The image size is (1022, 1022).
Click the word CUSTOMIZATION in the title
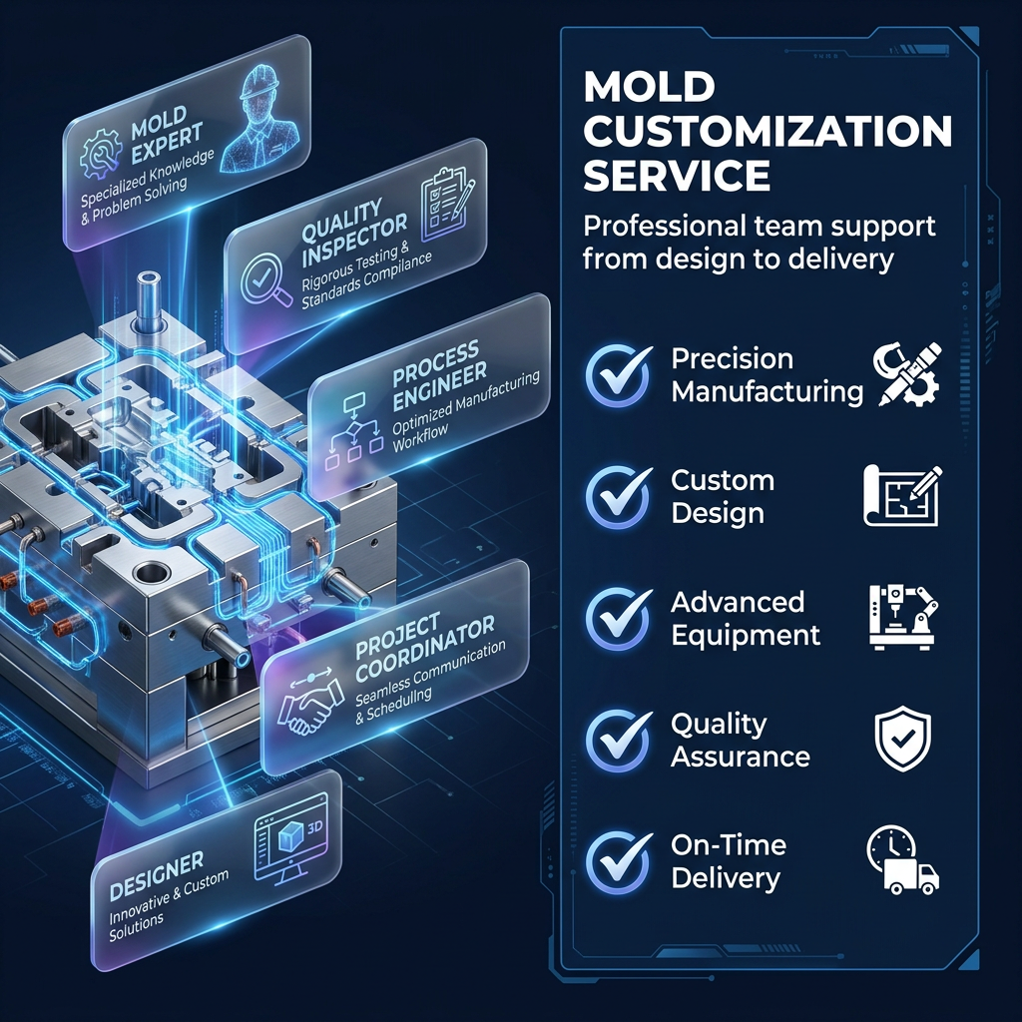click(767, 131)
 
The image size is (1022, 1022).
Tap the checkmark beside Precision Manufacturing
click(618, 376)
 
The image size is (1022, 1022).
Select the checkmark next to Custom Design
click(618, 497)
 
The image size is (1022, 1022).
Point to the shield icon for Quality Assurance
click(902, 738)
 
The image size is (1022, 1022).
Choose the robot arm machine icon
click(902, 617)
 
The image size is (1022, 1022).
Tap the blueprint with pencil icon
click(902, 495)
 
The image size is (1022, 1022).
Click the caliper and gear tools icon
click(908, 374)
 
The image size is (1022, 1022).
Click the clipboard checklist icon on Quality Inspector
click(446, 204)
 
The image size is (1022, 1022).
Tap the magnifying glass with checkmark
click(265, 280)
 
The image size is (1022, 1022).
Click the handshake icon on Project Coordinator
click(310, 704)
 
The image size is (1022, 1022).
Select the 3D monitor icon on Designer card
click(290, 838)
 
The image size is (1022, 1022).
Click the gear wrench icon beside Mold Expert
click(101, 155)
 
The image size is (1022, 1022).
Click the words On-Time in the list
click(729, 845)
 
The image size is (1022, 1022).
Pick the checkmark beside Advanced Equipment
click(618, 619)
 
